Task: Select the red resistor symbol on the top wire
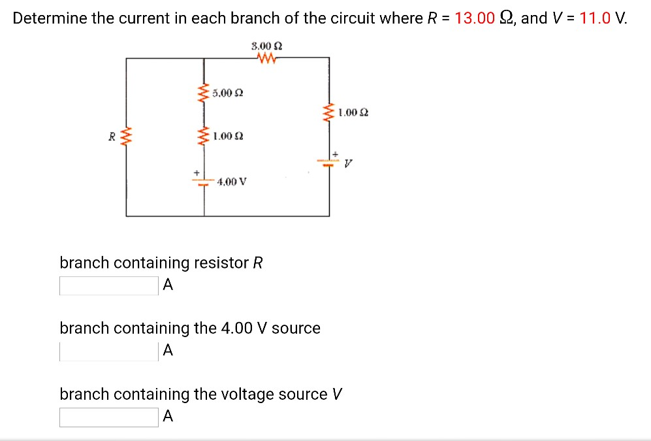coord(268,59)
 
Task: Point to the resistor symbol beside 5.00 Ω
coord(204,93)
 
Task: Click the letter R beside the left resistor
coord(112,137)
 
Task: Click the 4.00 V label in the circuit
coord(232,181)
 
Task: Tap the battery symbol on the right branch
coord(328,161)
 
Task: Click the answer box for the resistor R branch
coord(108,286)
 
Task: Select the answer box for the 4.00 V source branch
coord(108,351)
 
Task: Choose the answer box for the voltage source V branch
coord(108,417)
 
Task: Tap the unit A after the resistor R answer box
coord(168,285)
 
